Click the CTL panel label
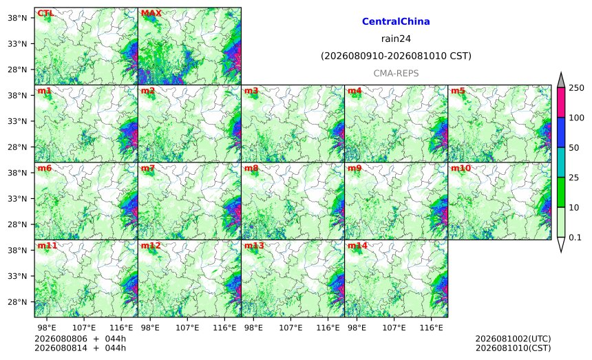pos(45,13)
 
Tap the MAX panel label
pos(151,13)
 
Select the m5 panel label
pos(458,91)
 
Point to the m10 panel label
pos(461,168)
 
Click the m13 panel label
pos(254,246)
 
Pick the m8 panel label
pos(251,168)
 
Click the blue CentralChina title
pos(396,21)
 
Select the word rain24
pos(396,39)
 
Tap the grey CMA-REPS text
pos(396,73)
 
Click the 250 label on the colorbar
pos(576,88)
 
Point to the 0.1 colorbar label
pos(575,237)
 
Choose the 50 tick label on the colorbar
pos(574,147)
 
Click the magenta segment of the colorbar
pos(560,103)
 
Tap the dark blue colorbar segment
pos(560,132)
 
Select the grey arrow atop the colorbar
pos(560,81)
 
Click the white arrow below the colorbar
pos(560,244)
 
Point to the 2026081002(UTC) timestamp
pos(513,339)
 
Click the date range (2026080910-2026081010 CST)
pos(396,56)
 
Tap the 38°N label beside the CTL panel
pos(17,18)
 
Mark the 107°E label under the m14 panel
pos(394,328)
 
